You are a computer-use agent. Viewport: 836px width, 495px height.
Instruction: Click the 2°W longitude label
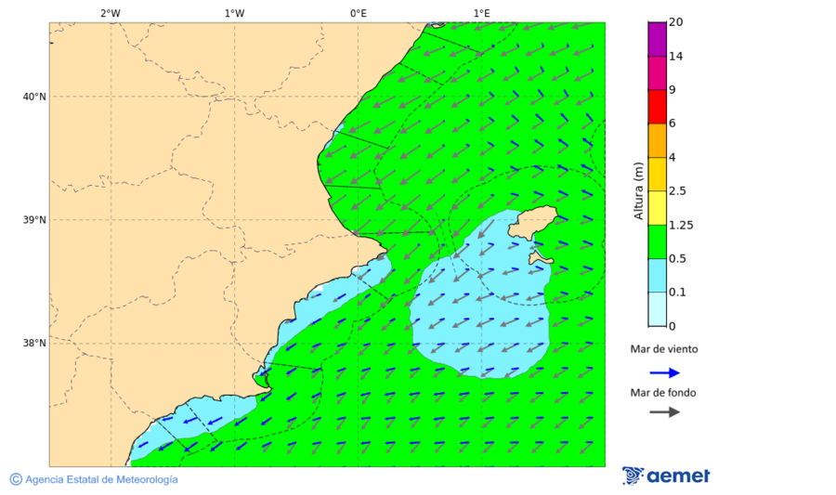pos(110,13)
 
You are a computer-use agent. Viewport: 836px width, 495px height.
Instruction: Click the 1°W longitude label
pos(234,13)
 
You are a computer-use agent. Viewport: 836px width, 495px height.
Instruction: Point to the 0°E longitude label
pos(358,13)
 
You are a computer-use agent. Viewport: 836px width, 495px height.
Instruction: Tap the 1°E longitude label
pos(481,13)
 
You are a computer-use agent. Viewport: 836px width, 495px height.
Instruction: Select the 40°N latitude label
pos(34,97)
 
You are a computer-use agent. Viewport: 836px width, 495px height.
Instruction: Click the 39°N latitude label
pos(34,220)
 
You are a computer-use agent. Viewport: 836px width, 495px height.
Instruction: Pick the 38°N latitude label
pos(34,343)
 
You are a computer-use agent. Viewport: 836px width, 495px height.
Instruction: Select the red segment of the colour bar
pos(657,107)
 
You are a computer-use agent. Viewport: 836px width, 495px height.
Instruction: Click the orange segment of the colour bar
pos(657,140)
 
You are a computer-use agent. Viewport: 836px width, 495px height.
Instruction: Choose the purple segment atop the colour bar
pos(657,39)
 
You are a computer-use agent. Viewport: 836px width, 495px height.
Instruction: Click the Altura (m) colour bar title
pos(638,191)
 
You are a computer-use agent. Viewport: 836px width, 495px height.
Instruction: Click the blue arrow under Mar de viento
pos(664,372)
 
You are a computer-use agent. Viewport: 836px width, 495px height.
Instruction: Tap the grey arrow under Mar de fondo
pos(664,411)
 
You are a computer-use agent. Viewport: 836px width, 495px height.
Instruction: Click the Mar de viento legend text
pos(663,349)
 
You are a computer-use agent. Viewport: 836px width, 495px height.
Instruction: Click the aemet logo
pos(666,475)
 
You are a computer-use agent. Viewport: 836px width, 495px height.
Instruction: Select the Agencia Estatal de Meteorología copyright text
pos(94,479)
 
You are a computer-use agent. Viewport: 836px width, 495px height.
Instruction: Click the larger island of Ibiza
pos(534,223)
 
